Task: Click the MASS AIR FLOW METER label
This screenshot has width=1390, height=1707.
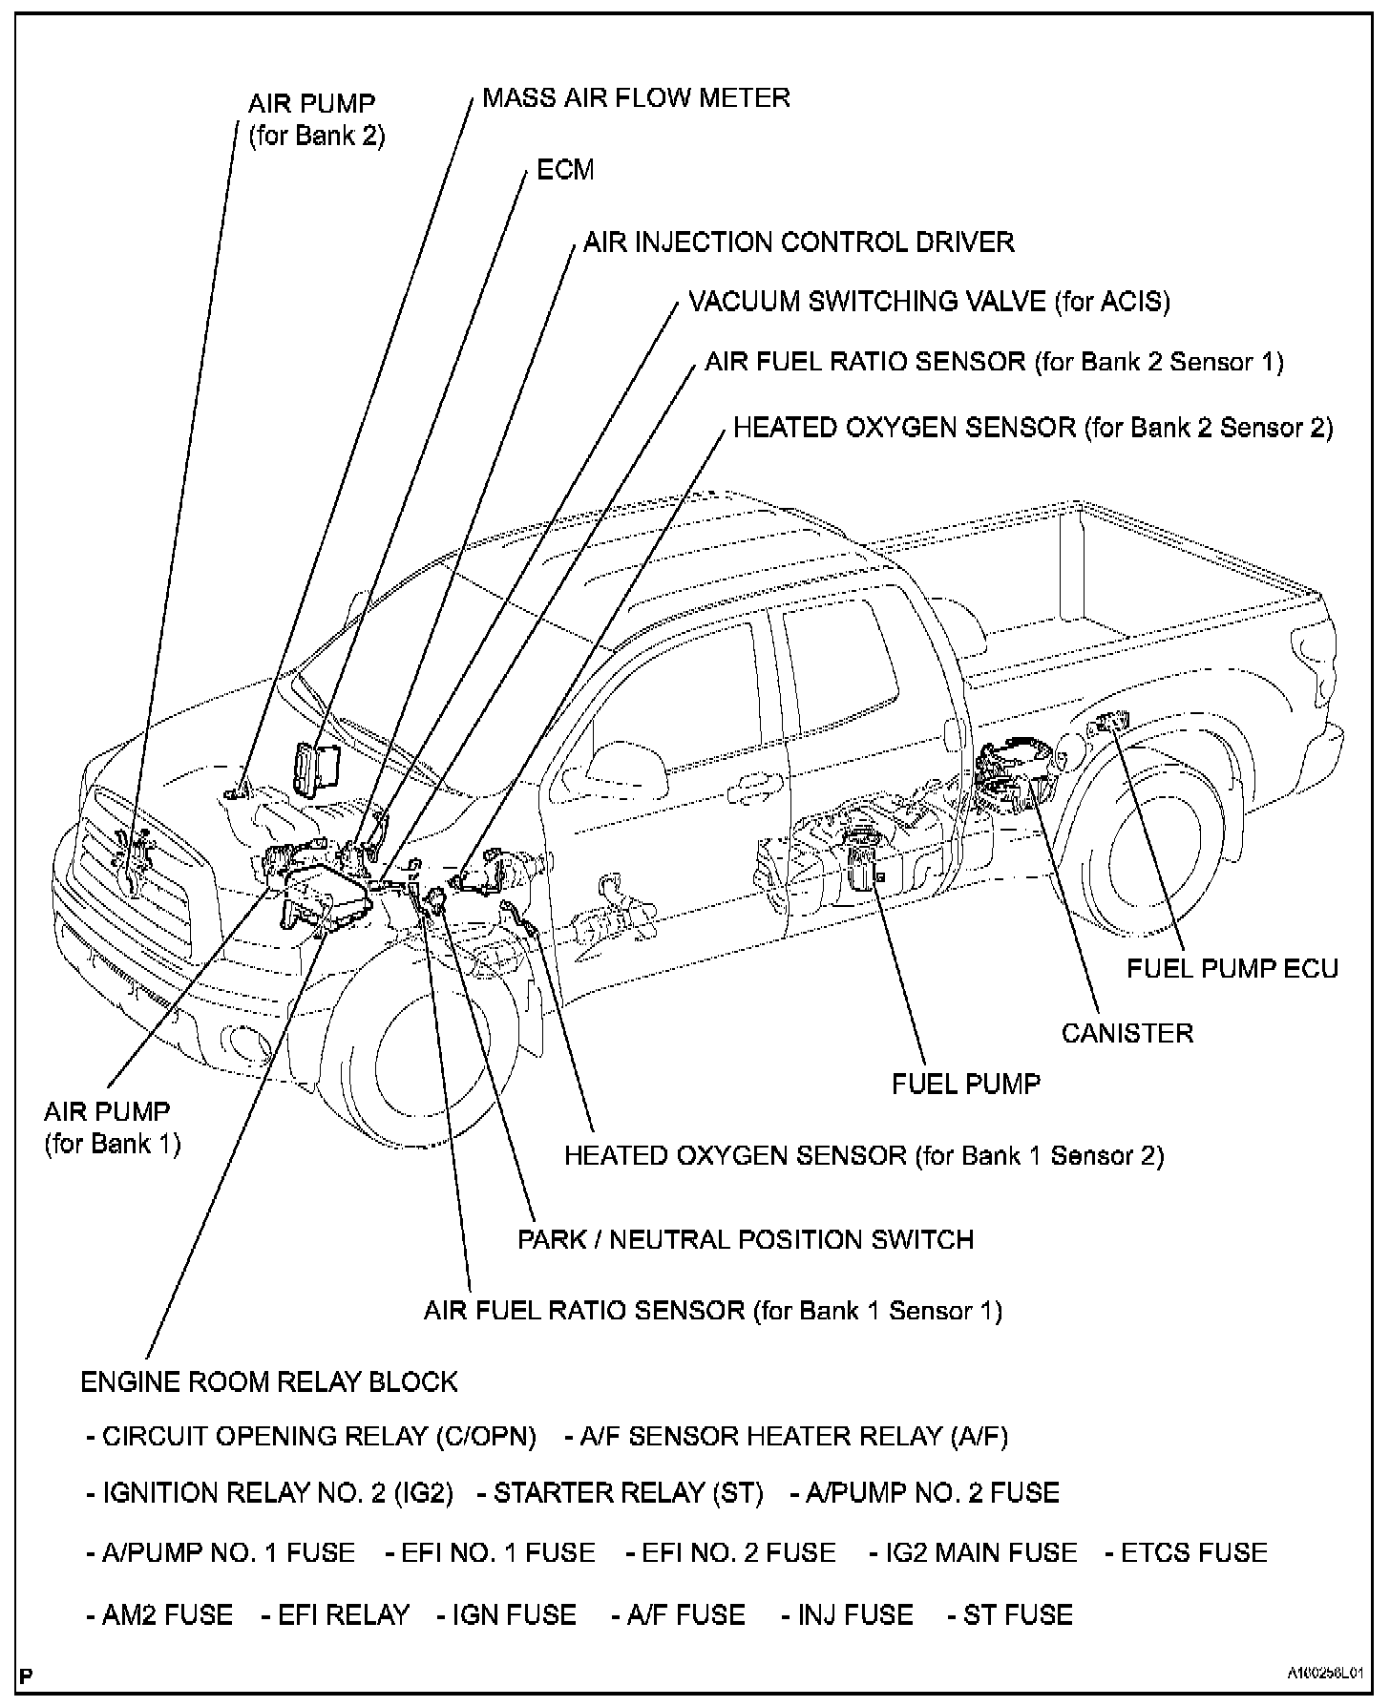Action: click(636, 97)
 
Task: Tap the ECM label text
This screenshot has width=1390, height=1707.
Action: click(565, 170)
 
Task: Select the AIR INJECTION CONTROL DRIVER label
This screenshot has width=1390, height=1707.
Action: click(798, 242)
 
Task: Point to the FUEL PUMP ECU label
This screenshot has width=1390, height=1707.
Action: click(1232, 968)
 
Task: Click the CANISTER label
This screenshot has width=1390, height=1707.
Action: click(1127, 1033)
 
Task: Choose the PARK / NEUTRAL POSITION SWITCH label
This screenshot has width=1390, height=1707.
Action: click(745, 1239)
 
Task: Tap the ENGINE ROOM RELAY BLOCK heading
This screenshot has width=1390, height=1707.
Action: click(268, 1381)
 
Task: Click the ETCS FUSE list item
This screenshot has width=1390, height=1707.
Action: click(1186, 1552)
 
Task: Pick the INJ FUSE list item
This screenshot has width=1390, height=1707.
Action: click(847, 1614)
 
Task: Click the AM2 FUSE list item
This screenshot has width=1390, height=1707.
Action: click(158, 1614)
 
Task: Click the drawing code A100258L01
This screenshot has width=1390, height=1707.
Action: click(1322, 1674)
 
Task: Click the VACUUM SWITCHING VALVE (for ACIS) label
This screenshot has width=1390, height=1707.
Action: click(928, 302)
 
